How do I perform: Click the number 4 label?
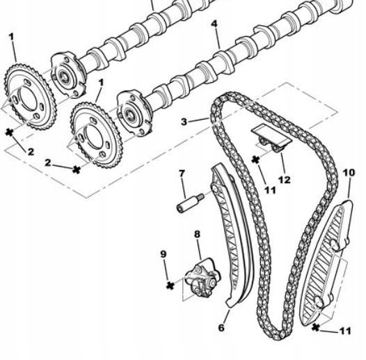[x=214, y=24]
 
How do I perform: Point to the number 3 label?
[x=184, y=121]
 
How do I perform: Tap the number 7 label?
[x=182, y=173]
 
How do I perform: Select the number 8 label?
[x=197, y=235]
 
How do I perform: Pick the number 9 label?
[x=164, y=255]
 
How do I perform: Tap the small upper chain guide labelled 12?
[x=269, y=136]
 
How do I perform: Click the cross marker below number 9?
[x=168, y=285]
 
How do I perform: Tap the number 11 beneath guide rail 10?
[x=345, y=331]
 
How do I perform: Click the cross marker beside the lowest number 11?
[x=317, y=326]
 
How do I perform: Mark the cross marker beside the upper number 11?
[x=255, y=159]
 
